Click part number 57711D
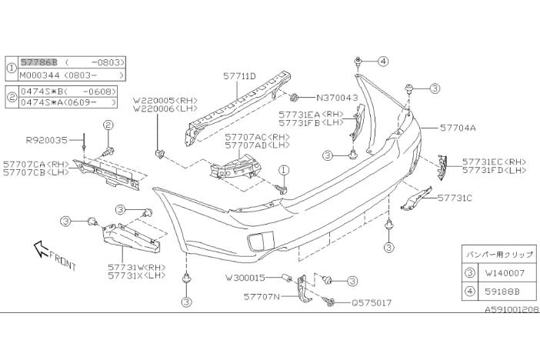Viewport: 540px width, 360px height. pos(240,76)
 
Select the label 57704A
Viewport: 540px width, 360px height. pos(458,130)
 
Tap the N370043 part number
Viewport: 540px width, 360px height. pos(337,98)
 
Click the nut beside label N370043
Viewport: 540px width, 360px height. pos(295,98)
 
